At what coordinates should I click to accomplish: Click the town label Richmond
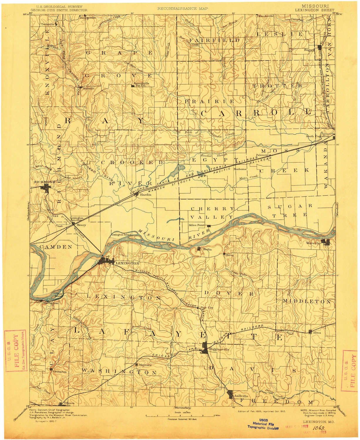[41, 182]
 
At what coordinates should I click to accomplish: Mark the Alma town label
[317, 333]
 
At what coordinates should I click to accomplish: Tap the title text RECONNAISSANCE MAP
[182, 9]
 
